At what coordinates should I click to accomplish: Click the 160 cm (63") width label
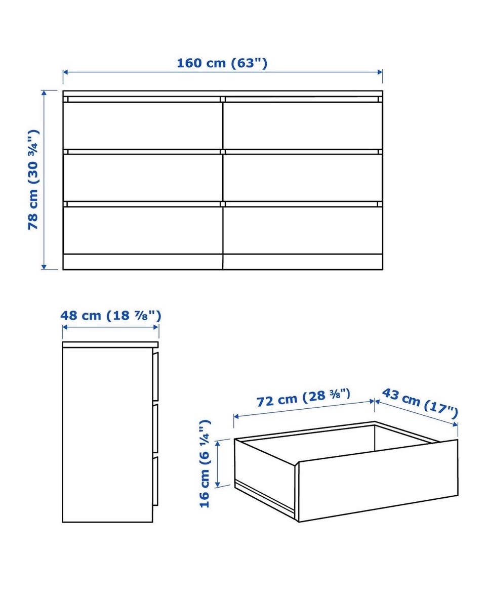222,63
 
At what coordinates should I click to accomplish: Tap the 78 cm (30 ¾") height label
33,180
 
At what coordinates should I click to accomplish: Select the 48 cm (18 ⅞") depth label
110,316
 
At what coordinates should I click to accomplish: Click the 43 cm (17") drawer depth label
420,403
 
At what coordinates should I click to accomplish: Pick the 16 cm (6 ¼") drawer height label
205,463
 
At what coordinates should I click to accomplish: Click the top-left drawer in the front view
143,125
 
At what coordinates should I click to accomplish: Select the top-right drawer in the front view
303,125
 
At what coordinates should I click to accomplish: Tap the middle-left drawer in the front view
143,178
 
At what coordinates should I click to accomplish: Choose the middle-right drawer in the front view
303,178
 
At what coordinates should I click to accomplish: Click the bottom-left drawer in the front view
143,230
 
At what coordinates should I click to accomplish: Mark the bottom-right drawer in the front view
303,230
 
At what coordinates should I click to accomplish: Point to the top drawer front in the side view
156,376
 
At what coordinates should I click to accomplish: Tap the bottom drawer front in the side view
156,481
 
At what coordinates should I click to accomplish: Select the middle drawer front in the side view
156,428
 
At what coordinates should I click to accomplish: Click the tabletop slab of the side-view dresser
110,344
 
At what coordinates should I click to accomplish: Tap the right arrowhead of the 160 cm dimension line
380,72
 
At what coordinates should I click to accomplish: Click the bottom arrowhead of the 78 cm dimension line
44,266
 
